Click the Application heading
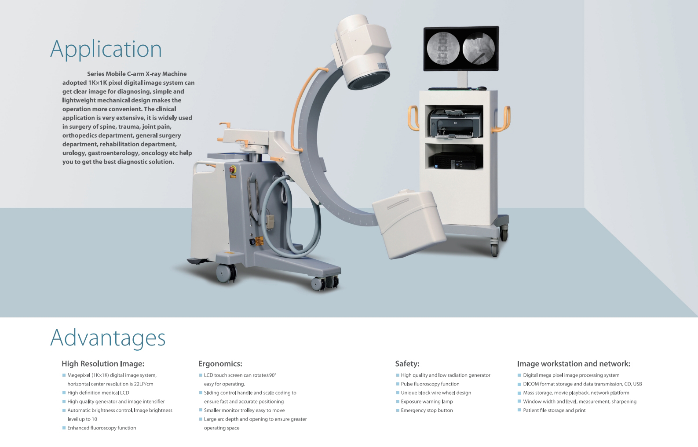(106, 49)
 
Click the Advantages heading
(108, 338)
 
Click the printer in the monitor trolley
(456, 124)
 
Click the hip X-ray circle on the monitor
(479, 48)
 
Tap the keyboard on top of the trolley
(450, 89)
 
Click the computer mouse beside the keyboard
(482, 88)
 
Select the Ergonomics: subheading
(220, 363)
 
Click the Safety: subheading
(407, 363)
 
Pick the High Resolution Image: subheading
(103, 363)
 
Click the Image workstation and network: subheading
(574, 363)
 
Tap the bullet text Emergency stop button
(427, 410)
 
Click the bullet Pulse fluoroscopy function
(430, 384)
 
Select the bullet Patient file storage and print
(554, 410)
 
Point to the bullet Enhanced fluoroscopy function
(102, 428)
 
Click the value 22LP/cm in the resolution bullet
(144, 384)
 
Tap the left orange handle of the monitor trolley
(413, 118)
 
